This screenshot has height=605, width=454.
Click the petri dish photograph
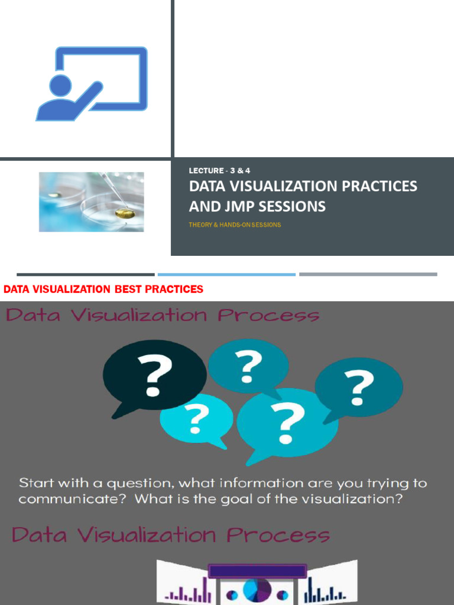pos(92,202)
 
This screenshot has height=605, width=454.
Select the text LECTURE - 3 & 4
pos(219,171)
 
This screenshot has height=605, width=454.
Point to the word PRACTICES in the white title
pos(380,186)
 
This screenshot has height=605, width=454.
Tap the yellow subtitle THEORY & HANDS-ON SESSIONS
pos(235,225)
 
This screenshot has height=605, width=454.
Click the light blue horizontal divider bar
pos(226,275)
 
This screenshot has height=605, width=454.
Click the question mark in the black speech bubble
pos(154,375)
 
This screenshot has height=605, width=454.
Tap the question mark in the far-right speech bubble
pos(359,388)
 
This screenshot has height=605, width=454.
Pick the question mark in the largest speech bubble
pos(288,423)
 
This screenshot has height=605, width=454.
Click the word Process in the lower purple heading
pos(278,535)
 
